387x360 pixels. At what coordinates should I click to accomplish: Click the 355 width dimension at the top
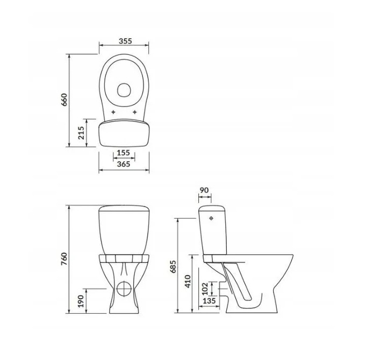coord(124,41)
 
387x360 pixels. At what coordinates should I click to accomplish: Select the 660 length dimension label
coord(64,100)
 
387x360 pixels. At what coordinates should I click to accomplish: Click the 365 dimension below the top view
coord(124,164)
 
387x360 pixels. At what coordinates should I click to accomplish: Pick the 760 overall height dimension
coord(64,258)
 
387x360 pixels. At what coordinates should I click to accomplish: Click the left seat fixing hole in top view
coord(114,112)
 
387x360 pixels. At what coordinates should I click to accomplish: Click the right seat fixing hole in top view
coord(134,112)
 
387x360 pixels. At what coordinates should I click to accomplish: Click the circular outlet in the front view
coord(124,289)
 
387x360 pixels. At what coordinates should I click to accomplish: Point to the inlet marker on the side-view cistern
coord(211,219)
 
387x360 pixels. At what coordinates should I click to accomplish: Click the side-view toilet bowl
coord(263,285)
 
